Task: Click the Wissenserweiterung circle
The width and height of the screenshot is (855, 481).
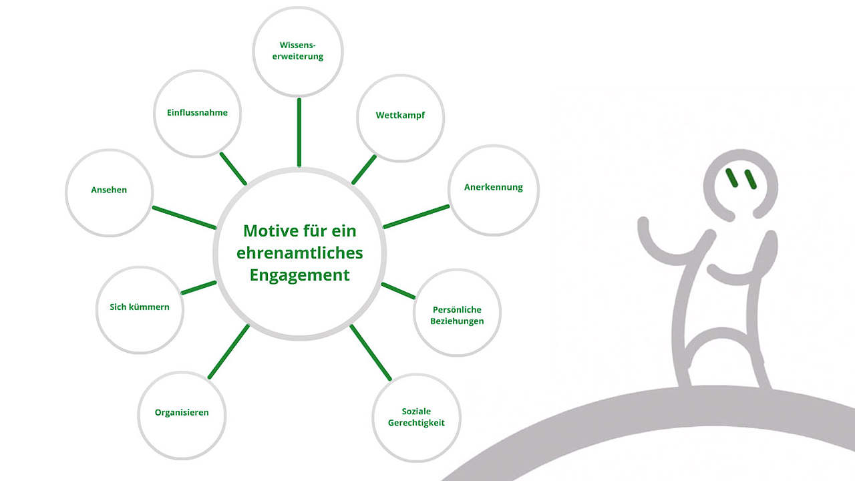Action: coord(298,51)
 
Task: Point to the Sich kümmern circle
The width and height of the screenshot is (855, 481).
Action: coord(140,308)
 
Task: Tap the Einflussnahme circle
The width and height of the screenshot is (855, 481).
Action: coord(197,113)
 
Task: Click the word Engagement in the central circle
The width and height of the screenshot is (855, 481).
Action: coord(299,275)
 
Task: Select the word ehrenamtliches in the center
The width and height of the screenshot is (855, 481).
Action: coord(299,253)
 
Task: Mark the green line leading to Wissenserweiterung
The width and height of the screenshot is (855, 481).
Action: coord(299,132)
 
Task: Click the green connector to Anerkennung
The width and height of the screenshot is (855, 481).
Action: coord(416,216)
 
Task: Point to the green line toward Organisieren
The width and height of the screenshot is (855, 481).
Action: coord(228,351)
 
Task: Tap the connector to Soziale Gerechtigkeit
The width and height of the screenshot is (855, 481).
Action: coord(370,352)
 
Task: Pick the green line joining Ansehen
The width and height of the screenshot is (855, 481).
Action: coord(184,218)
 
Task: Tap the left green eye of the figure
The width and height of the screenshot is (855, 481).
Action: coord(733,178)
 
